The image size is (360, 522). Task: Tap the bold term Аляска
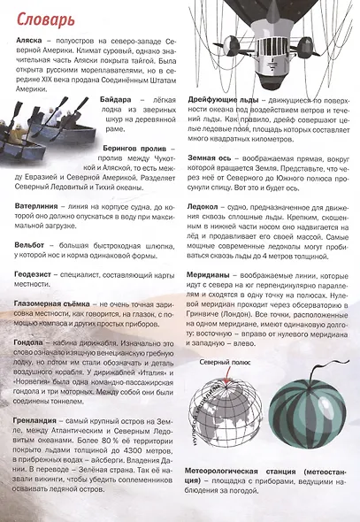29,41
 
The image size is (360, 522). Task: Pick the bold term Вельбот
34,243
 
